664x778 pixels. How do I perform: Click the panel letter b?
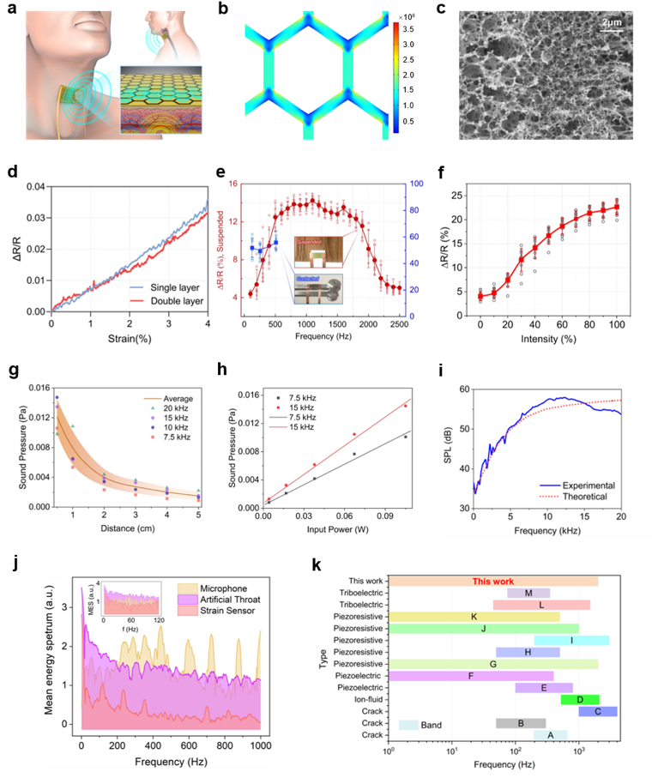(224, 9)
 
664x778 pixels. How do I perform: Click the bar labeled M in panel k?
(528, 593)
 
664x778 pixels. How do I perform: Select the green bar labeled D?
(581, 699)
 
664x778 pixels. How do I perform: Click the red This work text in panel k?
(492, 581)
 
